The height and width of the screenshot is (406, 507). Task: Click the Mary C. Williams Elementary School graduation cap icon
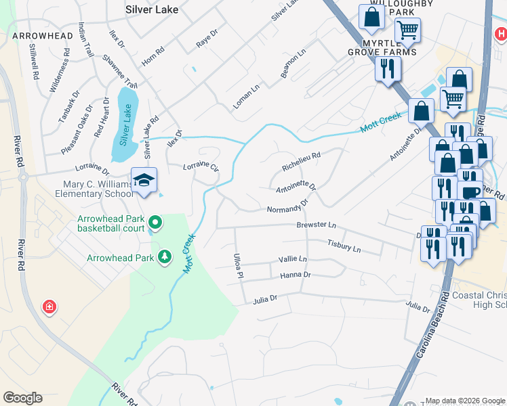pos(144,180)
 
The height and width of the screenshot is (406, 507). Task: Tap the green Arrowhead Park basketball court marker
pos(155,222)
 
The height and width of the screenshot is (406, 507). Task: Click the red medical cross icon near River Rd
pos(49,308)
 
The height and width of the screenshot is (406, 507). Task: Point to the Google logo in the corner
pos(22,398)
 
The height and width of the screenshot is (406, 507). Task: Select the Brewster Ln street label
pos(316,225)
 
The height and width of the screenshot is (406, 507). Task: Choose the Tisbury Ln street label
pos(344,246)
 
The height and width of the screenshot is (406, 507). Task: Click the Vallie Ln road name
pos(293,259)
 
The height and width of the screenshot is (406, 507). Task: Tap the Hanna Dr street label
pos(295,275)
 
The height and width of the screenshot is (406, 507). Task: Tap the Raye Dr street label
pos(207,37)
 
